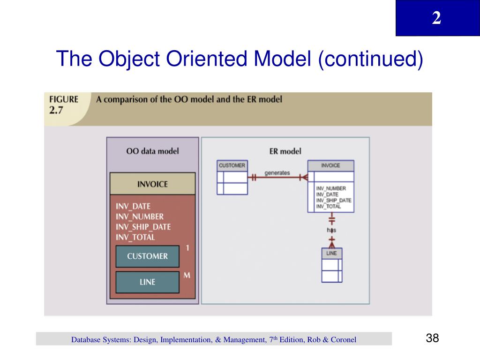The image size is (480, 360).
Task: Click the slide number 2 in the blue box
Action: click(436, 18)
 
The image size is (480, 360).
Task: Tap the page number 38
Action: click(432, 338)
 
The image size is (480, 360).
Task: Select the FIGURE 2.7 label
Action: click(61, 104)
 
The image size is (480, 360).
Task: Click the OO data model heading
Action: click(152, 151)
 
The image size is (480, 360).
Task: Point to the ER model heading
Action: click(285, 151)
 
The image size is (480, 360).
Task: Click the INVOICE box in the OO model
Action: click(152, 184)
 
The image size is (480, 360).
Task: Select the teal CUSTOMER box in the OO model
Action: click(147, 256)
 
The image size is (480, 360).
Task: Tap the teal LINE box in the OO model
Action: click(147, 282)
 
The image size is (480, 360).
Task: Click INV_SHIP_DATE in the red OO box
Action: click(143, 227)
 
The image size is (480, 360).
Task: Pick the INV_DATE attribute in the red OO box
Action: click(133, 206)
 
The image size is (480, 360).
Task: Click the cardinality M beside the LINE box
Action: click(187, 275)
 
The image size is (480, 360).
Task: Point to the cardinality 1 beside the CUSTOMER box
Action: click(187, 247)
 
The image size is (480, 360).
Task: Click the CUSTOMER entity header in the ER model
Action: click(232, 165)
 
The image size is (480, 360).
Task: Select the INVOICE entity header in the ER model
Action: click(330, 165)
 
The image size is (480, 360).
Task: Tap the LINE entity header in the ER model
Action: click(331, 253)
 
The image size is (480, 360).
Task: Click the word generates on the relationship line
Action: click(277, 173)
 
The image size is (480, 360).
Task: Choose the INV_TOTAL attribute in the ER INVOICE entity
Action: click(329, 207)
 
